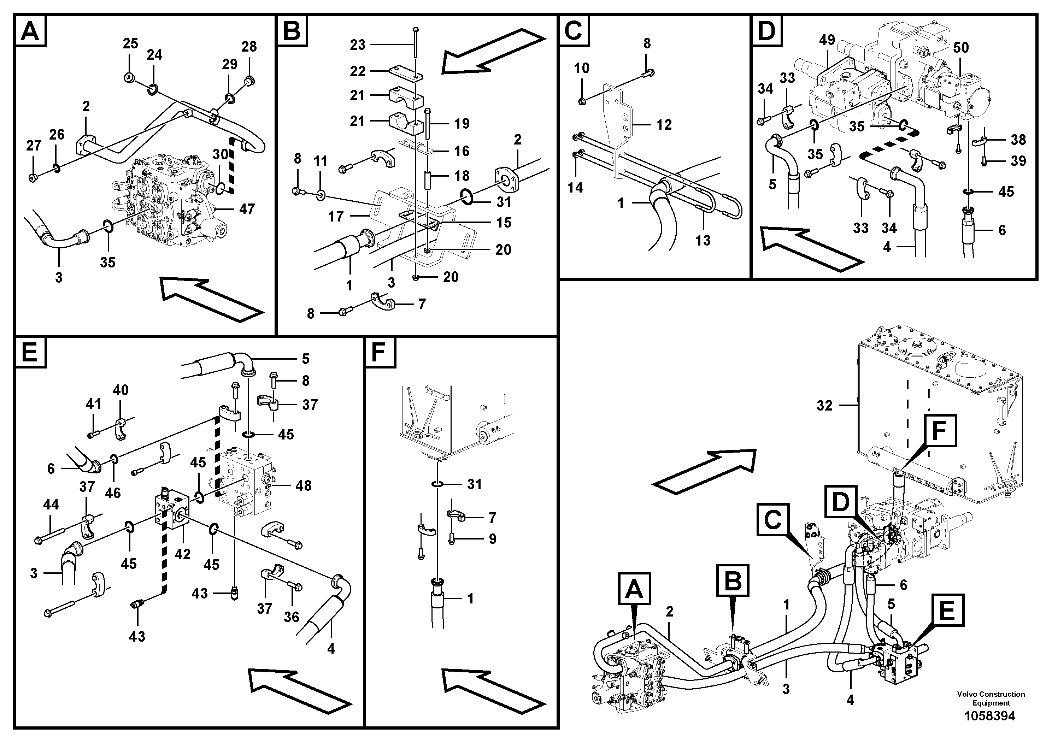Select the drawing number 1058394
point(990,716)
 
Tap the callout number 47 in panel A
point(247,210)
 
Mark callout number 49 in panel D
point(827,40)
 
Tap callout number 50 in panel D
point(961,48)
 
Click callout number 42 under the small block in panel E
point(182,554)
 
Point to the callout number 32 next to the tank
point(824,405)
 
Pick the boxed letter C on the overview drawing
point(773,520)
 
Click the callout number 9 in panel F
point(493,539)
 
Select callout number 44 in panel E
point(51,505)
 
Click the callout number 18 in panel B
point(462,176)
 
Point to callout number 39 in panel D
point(1018,161)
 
